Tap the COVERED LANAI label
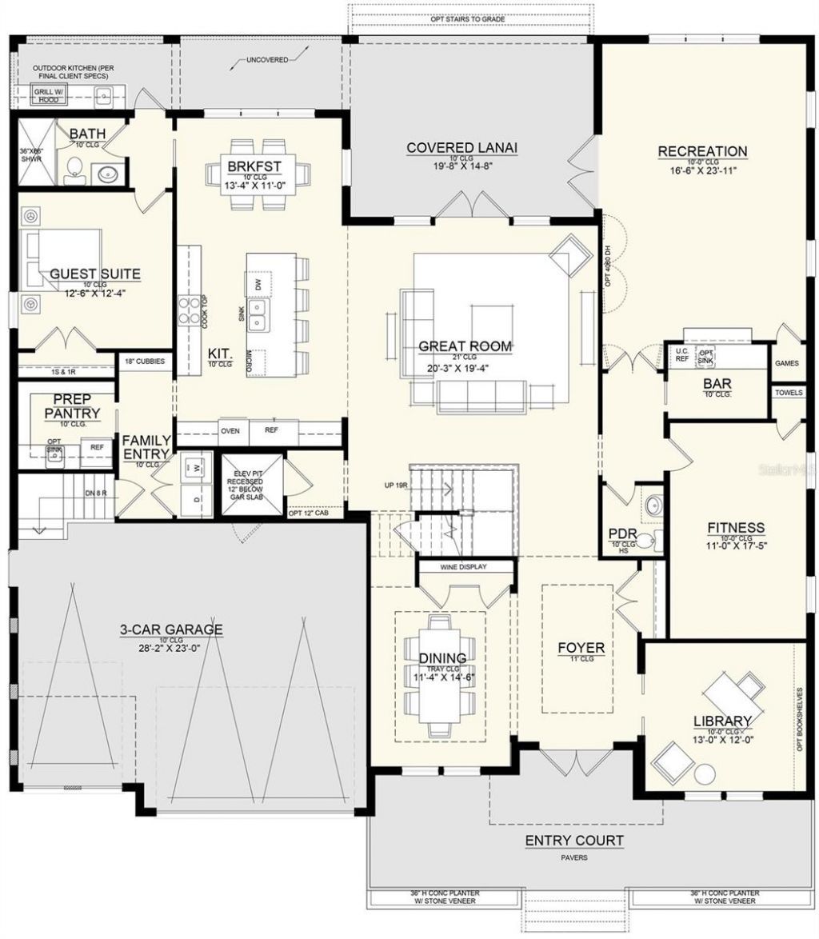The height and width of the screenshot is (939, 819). pos(461,148)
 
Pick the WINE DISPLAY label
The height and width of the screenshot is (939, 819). pos(463,566)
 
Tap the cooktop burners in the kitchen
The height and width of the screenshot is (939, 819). pos(190,310)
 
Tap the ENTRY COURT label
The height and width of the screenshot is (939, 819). pos(573,841)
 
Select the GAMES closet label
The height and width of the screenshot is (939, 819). pos(786,363)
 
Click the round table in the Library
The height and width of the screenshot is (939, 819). pos(705,775)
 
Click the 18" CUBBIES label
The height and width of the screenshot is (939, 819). pos(146,362)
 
